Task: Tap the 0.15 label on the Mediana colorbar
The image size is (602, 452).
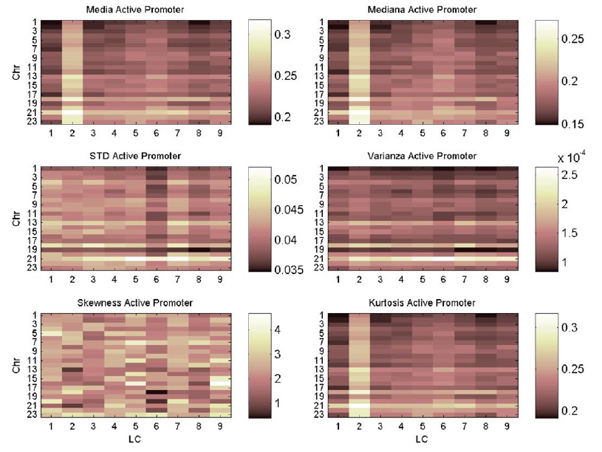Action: coord(573,123)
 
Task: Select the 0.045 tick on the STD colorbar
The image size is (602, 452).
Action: coord(284,210)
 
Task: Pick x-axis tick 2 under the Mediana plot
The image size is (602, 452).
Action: coord(360,134)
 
